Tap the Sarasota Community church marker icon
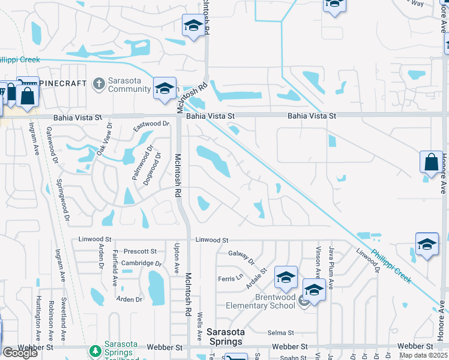(99, 84)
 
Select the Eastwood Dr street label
(152, 124)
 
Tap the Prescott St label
(140, 251)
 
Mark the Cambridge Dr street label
(142, 263)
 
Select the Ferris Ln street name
(230, 278)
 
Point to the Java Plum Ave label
(331, 268)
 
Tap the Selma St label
(280, 332)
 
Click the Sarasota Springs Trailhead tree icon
(94, 350)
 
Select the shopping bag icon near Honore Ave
(431, 162)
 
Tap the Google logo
(20, 353)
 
